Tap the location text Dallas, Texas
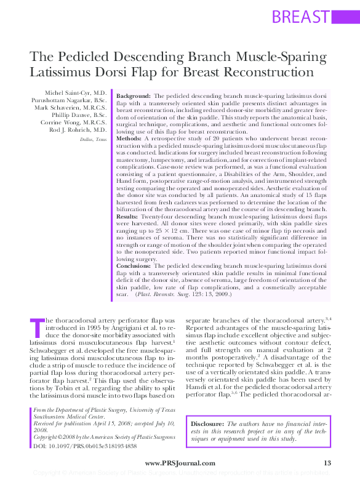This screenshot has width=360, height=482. pyautogui.click(x=94, y=140)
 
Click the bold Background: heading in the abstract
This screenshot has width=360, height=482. pyautogui.click(x=134, y=97)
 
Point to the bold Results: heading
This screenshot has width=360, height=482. pyautogui.click(x=128, y=217)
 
